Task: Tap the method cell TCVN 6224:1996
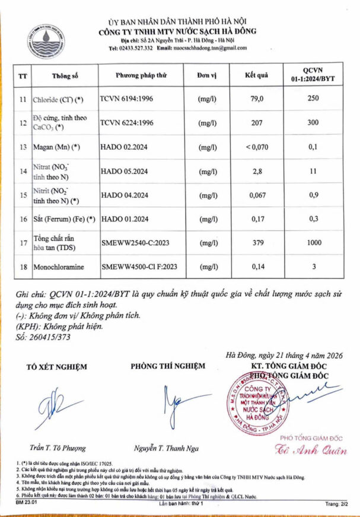[126, 123]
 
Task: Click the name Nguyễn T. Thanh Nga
[167, 448]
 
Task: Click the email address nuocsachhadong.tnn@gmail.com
[210, 48]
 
